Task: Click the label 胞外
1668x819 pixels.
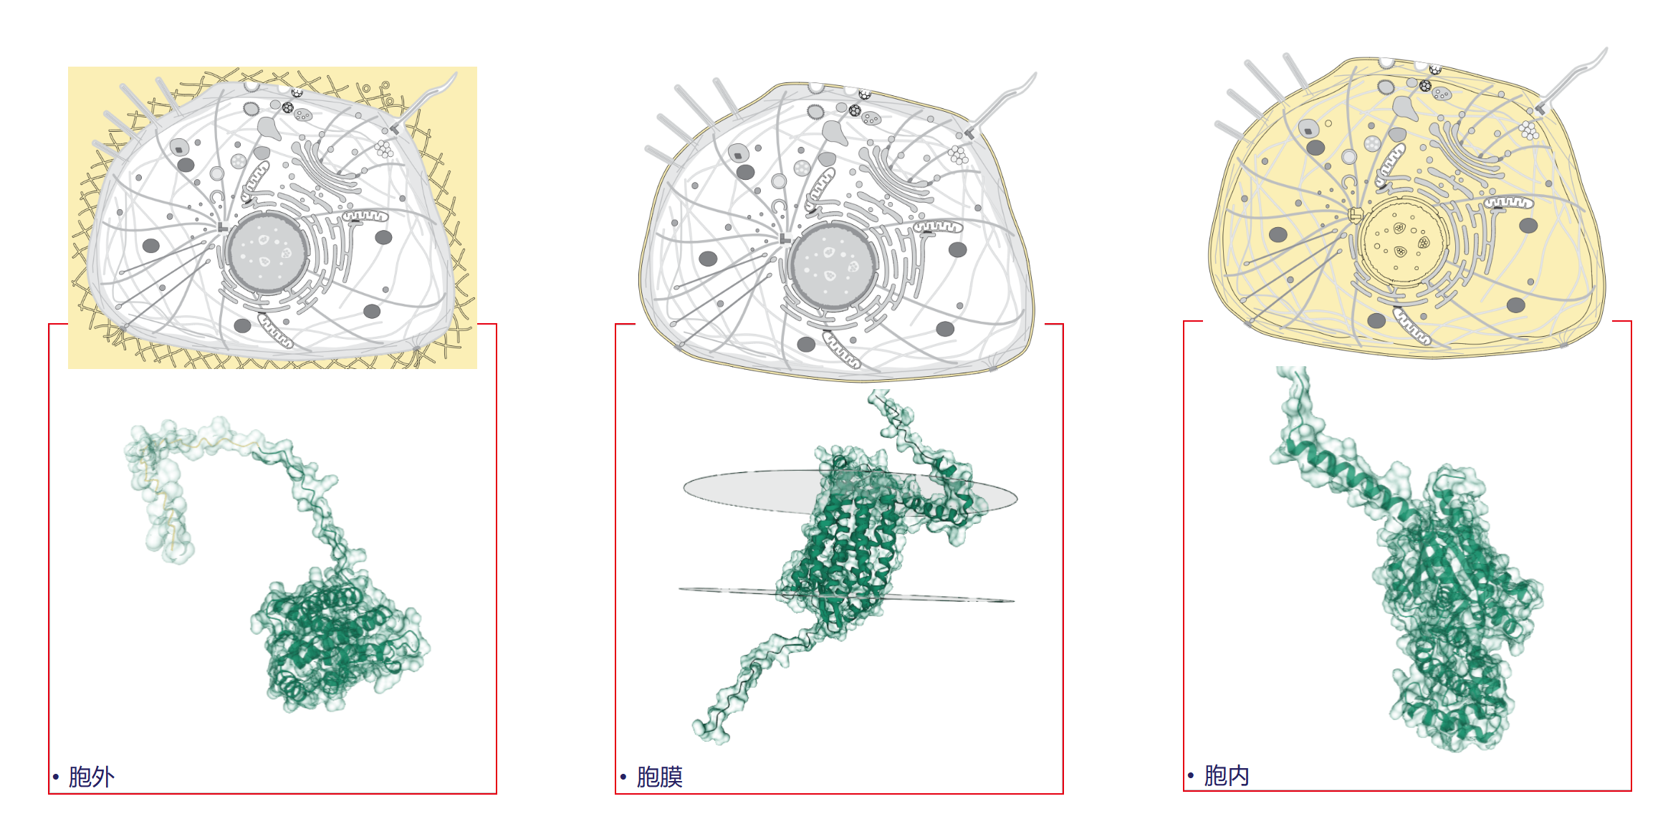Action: coord(92,777)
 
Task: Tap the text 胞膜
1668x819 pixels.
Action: coord(659,777)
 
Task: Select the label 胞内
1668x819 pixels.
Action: coord(1227,775)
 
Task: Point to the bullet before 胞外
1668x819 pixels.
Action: coord(56,777)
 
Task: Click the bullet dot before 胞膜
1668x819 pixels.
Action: coord(623,777)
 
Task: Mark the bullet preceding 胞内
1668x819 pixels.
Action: coord(1191,776)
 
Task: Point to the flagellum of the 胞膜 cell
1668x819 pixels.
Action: coord(1002,103)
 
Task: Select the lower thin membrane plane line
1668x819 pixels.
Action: coord(847,595)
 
